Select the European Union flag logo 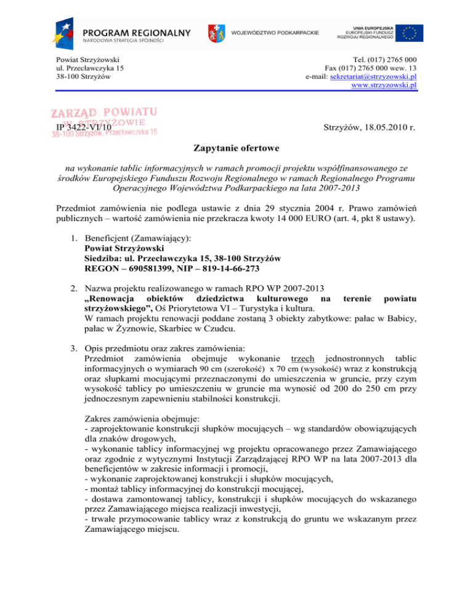click(x=409, y=33)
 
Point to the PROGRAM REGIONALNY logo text click(x=137, y=32)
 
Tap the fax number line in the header click(x=371, y=68)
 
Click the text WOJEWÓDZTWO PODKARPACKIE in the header click(x=275, y=33)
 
